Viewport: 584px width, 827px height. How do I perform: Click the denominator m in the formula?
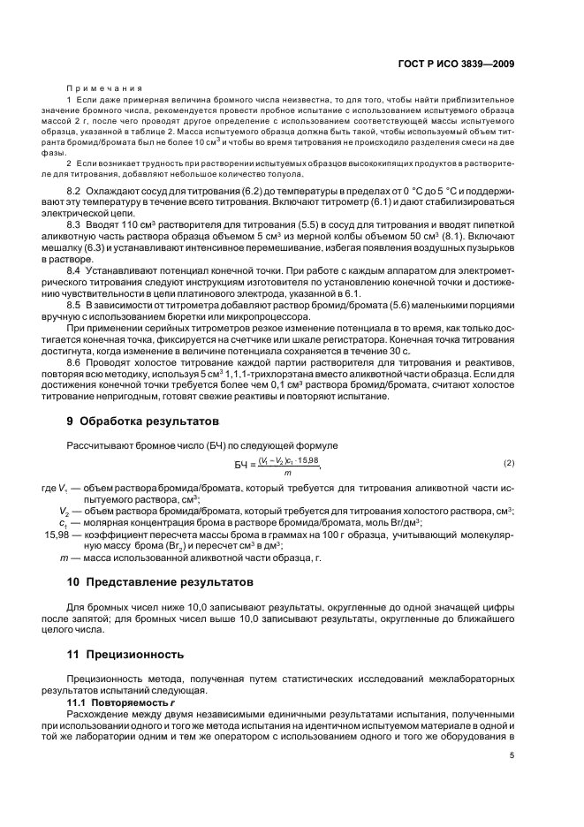pyautogui.click(x=287, y=473)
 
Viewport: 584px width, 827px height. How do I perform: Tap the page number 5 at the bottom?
pyautogui.click(x=512, y=755)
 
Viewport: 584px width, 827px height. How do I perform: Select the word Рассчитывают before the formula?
pyautogui.click(x=99, y=444)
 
